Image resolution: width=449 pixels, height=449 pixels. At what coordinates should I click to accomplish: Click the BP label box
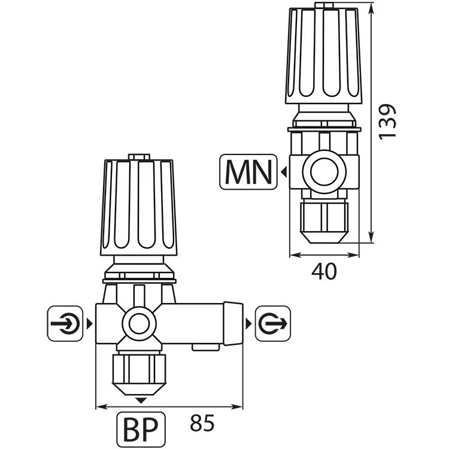pos(141,427)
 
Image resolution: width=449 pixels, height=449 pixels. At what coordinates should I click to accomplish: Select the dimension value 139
pos(387,122)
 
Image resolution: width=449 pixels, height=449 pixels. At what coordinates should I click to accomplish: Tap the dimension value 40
pos(324,271)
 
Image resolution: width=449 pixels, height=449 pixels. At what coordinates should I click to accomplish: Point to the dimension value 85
pos(202,424)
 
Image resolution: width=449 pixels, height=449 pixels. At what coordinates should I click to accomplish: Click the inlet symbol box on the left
pos(65,323)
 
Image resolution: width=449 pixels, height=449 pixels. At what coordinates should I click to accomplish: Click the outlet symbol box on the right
pos(272,323)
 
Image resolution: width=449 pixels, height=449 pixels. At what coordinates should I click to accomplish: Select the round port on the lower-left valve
pos(139,324)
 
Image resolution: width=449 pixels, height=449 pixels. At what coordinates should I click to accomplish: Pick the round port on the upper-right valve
pos(324,172)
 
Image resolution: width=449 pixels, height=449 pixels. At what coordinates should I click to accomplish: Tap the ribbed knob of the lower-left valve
pos(139,207)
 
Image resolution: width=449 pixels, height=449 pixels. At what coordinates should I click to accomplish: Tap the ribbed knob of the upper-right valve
pos(324,55)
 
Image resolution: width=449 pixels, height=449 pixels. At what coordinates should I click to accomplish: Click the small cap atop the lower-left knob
pos(139,157)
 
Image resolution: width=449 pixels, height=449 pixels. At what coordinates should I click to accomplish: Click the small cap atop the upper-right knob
pos(324,5)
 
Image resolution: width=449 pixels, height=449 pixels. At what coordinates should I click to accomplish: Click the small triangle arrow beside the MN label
pos(283,172)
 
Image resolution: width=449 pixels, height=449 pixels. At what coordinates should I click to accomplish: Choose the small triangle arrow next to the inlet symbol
pos(89,323)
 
